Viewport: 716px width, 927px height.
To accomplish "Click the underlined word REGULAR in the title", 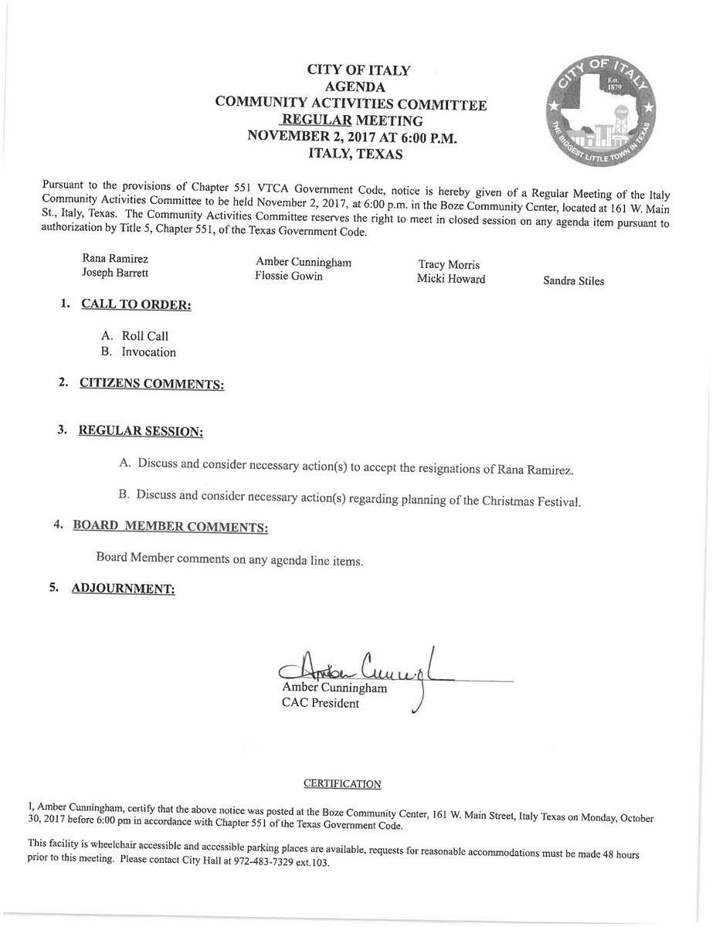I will (317, 120).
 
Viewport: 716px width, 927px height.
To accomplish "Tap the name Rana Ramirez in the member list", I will (115, 258).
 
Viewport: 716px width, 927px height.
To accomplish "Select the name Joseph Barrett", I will (115, 273).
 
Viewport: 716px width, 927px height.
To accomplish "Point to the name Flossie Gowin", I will (289, 276).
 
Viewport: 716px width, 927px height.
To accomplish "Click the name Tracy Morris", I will (449, 265).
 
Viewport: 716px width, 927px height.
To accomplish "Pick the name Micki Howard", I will (451, 279).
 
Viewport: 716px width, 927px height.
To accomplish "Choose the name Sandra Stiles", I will (573, 281).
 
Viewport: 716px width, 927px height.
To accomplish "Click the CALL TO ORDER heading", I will (136, 304).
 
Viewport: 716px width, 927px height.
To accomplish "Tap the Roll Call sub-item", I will (144, 336).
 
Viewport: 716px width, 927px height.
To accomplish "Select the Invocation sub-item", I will (148, 352).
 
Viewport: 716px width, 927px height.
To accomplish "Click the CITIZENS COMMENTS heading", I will (151, 384).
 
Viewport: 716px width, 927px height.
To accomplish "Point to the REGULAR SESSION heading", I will (141, 431).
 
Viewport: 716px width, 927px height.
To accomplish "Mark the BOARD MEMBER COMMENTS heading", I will (170, 527).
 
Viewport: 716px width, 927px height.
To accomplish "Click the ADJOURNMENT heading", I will (123, 589).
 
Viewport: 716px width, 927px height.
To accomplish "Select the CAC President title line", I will (320, 703).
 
